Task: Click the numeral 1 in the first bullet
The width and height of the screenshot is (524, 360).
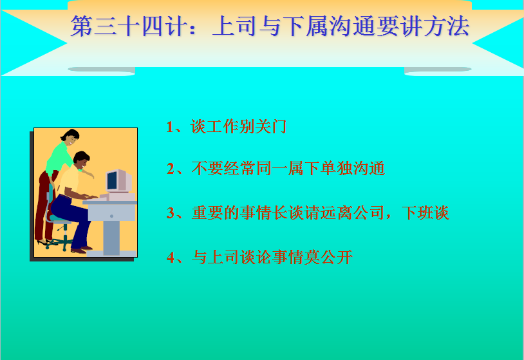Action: pos(170,127)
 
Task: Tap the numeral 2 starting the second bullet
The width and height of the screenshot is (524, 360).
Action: pos(171,169)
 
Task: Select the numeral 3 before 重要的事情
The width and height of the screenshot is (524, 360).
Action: pos(171,213)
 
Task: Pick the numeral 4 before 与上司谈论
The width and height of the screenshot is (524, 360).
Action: pos(171,258)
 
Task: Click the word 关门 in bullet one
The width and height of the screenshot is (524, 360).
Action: pos(270,127)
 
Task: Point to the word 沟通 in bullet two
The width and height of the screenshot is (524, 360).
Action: pos(369,168)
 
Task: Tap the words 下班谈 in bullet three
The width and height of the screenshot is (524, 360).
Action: pos(425,213)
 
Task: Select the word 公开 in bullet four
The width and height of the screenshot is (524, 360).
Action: pos(336,257)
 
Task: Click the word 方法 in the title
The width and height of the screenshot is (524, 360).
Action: pos(447,26)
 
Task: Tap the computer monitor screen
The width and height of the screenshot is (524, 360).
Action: pos(112,180)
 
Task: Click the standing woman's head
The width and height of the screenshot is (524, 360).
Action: pos(71,137)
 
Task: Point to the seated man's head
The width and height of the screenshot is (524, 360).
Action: pos(81,160)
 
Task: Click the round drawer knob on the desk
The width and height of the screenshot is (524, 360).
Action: pos(111,216)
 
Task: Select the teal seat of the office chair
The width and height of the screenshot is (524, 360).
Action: pos(60,219)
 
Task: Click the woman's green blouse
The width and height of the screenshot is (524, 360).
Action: pos(59,157)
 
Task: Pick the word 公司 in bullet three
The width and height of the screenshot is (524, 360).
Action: pos(369,213)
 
